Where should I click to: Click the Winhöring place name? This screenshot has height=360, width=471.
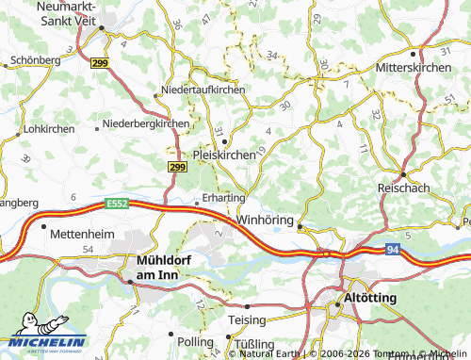[x=268, y=220]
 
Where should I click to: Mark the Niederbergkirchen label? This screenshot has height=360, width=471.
[x=146, y=123]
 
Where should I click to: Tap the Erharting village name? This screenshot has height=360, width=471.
[x=224, y=199]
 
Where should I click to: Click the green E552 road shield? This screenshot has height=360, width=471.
[x=118, y=202]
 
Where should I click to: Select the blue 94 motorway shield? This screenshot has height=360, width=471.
[x=393, y=250]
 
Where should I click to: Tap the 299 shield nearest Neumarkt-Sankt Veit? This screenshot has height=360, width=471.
[x=99, y=63]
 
